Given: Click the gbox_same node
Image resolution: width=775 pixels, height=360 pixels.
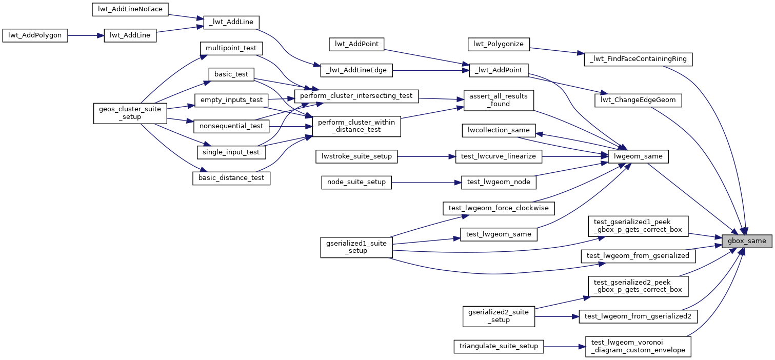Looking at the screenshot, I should click(746, 241).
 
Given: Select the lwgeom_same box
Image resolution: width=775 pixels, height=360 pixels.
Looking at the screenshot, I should click(638, 156).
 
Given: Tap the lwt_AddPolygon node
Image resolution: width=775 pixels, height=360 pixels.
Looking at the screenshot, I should click(35, 35).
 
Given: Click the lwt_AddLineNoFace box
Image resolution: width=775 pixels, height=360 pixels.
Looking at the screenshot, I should click(130, 9).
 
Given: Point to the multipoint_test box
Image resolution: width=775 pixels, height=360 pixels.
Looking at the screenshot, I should click(231, 48).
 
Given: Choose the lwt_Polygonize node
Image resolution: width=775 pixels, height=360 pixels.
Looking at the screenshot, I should click(499, 44).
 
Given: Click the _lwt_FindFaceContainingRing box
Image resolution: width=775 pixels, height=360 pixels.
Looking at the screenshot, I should click(639, 59).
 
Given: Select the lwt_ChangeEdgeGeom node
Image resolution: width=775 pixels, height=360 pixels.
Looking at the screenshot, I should click(638, 101).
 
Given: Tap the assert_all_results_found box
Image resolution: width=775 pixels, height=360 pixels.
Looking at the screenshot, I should click(499, 99).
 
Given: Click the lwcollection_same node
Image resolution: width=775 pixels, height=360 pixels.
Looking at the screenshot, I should click(499, 130).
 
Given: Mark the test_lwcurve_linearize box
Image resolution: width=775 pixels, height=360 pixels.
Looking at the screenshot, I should click(499, 156).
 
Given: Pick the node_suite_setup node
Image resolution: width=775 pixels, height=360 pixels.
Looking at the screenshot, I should click(356, 182).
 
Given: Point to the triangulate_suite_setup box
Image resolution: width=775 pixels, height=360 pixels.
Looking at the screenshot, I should click(499, 346).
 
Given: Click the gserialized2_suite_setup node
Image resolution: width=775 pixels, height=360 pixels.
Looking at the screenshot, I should click(499, 316).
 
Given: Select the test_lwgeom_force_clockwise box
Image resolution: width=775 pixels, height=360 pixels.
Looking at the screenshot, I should click(499, 208).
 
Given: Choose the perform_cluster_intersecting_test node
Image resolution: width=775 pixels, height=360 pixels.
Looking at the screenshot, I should click(356, 95).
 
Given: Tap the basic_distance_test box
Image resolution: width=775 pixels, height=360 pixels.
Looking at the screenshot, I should click(231, 178).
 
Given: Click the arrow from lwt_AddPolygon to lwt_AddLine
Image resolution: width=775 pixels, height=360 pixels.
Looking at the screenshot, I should click(86, 35).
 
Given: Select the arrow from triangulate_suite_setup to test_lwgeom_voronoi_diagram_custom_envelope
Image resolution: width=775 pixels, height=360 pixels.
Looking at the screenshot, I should click(564, 346).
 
